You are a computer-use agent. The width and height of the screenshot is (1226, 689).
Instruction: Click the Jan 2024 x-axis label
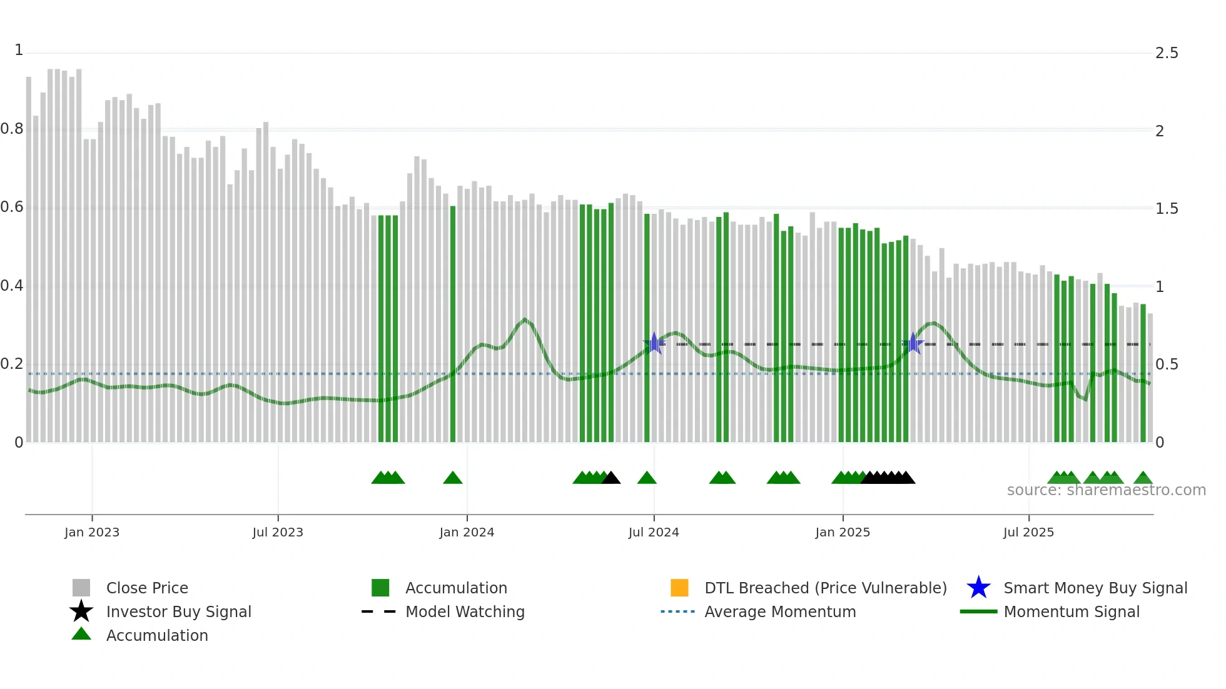[467, 532]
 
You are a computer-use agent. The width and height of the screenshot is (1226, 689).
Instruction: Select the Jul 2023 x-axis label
[278, 532]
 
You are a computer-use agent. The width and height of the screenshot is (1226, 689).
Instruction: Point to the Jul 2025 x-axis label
[1028, 532]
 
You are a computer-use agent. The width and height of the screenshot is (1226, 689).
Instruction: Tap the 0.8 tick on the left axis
[12, 129]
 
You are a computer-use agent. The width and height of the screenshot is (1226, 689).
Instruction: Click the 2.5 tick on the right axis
[1167, 53]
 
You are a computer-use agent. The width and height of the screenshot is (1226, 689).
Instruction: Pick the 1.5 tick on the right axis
[1167, 209]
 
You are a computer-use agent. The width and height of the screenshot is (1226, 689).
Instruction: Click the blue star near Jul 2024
[654, 343]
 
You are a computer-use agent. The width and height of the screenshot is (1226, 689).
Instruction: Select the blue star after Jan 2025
[913, 343]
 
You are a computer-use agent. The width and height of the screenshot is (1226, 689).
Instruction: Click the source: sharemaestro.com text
[1106, 490]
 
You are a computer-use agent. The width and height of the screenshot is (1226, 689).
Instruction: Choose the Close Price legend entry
[147, 588]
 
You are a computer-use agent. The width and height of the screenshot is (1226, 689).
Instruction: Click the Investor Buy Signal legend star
[81, 611]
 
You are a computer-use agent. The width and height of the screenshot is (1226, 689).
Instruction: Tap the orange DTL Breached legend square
[679, 588]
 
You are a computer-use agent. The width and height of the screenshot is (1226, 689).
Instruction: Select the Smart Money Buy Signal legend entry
[1095, 588]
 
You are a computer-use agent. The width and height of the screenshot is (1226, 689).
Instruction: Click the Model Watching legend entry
[464, 611]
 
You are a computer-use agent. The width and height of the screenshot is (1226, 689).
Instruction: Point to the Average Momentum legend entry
[779, 611]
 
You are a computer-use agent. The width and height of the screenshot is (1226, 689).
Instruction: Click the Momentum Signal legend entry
[1071, 611]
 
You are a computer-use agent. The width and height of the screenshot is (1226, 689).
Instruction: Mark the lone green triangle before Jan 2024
[452, 478]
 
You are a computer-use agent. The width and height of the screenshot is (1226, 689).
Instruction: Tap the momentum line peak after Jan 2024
[525, 319]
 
